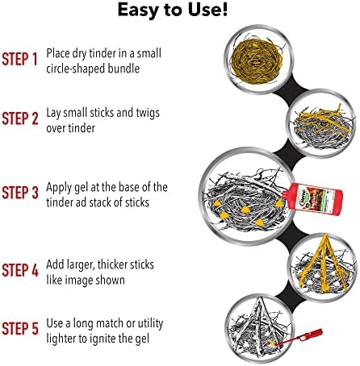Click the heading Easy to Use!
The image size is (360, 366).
(x=173, y=10)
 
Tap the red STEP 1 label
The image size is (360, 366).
(x=19, y=59)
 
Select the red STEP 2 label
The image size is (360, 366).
(x=20, y=119)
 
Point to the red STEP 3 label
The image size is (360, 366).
(x=20, y=193)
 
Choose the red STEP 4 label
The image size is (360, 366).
(x=20, y=270)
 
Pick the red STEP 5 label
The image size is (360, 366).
(x=20, y=328)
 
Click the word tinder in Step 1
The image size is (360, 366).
(x=103, y=53)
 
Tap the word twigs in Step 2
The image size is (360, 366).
(x=148, y=113)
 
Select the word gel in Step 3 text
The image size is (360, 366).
(x=81, y=188)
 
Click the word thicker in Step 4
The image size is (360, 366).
(x=118, y=264)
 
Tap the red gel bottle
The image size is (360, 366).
(x=312, y=199)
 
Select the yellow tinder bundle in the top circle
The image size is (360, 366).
(x=257, y=61)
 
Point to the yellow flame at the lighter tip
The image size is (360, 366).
(x=272, y=343)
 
